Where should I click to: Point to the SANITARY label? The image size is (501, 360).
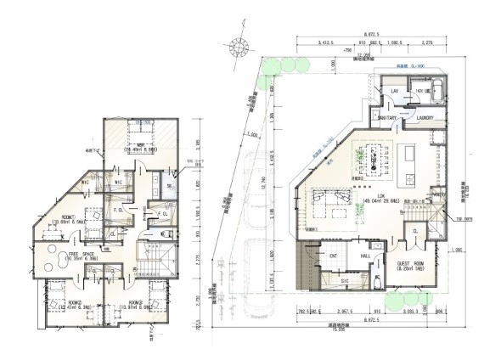379,118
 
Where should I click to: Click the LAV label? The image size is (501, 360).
394,90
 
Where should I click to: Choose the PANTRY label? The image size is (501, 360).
438,194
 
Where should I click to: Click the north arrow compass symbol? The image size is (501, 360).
233,51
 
